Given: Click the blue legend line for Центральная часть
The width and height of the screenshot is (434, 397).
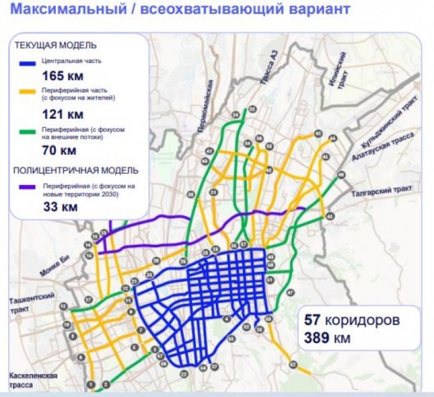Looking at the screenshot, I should pos(29,62).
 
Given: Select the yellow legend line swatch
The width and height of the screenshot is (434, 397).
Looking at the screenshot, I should pos(29,91).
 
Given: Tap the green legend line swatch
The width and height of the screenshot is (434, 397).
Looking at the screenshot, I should pos(29,131).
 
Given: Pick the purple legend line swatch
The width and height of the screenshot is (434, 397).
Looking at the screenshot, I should pos(29,186).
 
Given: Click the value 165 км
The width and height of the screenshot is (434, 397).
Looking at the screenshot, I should pos(62,76).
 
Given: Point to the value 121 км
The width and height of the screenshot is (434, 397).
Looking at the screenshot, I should pos(62,114).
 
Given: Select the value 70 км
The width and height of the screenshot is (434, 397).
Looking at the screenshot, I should pos(60,151).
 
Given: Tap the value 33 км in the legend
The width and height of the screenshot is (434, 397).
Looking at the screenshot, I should pos(60,207).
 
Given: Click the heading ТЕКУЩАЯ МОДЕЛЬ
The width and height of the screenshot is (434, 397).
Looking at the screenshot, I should pos(56,46).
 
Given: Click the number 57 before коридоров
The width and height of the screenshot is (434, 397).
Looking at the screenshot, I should pos(312,320).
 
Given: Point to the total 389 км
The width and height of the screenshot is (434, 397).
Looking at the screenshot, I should pos(327,338).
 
